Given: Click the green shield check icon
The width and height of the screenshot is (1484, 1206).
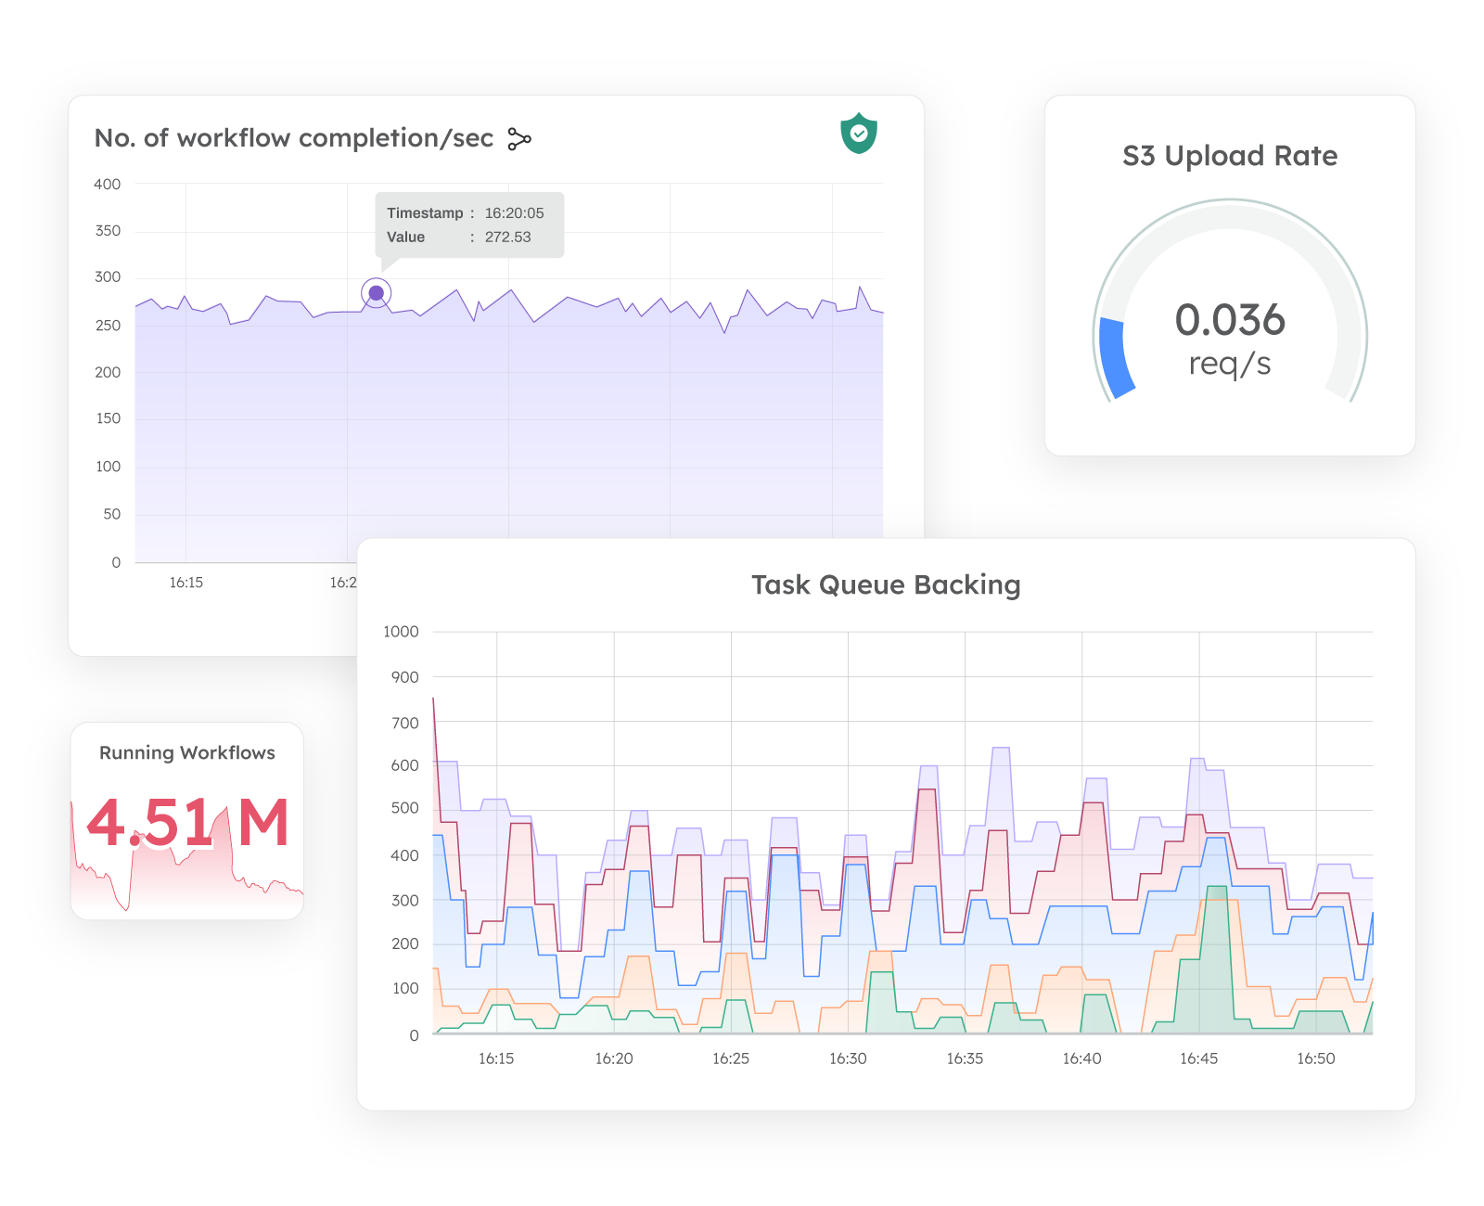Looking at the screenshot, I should [x=859, y=134].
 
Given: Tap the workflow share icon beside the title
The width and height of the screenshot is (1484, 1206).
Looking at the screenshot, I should [x=519, y=139].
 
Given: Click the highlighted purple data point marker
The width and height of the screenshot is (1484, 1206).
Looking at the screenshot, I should [x=376, y=293].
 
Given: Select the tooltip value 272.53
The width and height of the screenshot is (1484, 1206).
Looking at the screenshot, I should [x=507, y=237].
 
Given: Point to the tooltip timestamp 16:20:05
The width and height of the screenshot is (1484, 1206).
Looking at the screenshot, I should [x=514, y=213].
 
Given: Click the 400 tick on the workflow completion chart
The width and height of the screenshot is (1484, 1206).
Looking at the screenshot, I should [x=108, y=185].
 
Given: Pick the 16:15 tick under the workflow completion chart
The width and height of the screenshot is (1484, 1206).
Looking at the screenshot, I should [x=185, y=583].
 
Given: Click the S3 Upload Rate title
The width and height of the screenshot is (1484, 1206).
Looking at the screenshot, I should [x=1230, y=156].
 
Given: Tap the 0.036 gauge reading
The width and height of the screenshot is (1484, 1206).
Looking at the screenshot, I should [x=1230, y=320].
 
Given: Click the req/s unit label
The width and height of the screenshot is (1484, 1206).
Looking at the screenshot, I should [x=1230, y=364].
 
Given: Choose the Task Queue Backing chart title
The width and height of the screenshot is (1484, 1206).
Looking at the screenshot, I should [x=886, y=585].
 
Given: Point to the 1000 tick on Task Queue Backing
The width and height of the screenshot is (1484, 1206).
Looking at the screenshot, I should [x=401, y=632].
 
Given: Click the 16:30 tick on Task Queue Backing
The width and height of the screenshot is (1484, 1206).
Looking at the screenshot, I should [x=848, y=1058].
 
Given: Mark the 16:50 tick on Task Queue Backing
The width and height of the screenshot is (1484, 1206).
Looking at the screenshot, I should [x=1315, y=1058].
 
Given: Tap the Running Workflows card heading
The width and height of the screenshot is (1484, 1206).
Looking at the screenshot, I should [x=187, y=752].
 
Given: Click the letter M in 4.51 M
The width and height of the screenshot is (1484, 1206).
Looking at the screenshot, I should [x=263, y=823].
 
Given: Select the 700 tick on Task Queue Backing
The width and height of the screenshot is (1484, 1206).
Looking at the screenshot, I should [x=405, y=723].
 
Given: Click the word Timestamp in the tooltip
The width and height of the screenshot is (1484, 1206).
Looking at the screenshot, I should [x=425, y=213].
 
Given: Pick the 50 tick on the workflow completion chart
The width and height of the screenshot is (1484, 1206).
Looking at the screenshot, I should [x=112, y=514].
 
